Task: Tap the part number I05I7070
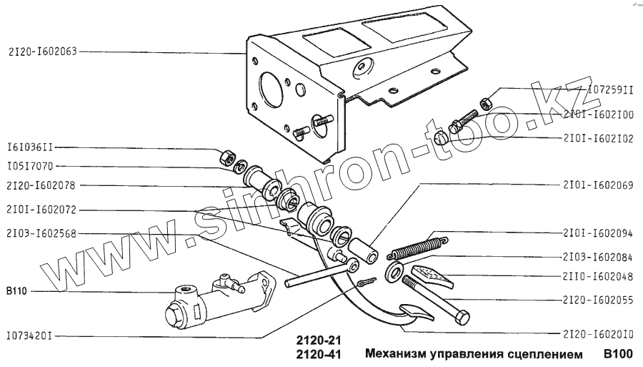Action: [30, 166]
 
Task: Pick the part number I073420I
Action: [30, 334]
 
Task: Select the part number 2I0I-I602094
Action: [597, 233]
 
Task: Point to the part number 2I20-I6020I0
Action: [597, 334]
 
